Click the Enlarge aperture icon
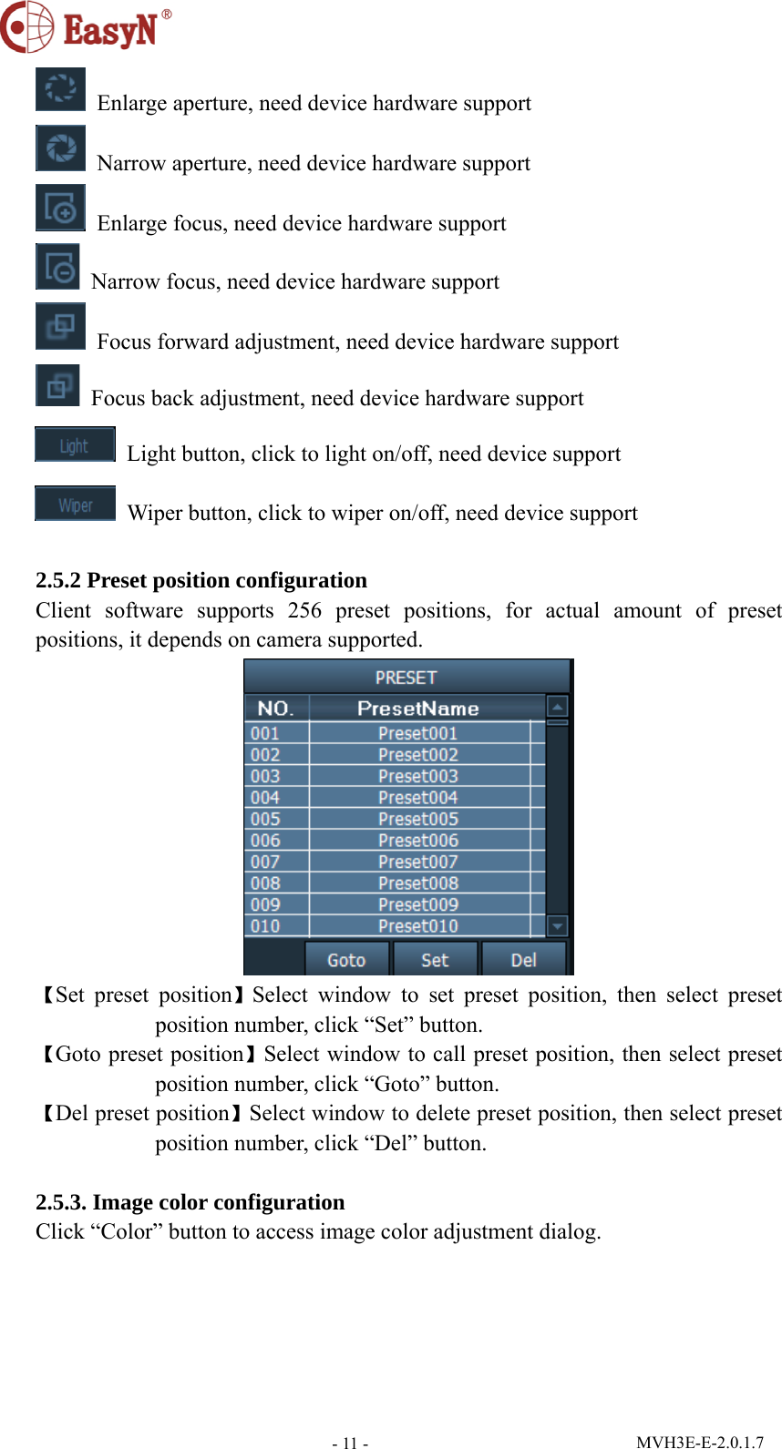(60, 89)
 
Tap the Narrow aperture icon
(60, 148)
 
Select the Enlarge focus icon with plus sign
(60, 208)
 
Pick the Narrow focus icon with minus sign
(57, 267)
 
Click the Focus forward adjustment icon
(60, 326)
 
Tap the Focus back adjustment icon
(57, 385)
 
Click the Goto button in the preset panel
(346, 960)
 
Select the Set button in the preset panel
(435, 960)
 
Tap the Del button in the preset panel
(523, 960)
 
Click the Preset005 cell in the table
(418, 819)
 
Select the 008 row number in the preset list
(265, 883)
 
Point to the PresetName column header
(418, 709)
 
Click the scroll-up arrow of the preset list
(557, 707)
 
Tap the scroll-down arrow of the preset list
(557, 926)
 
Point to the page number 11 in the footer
(350, 1443)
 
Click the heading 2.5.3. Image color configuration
(190, 1202)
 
